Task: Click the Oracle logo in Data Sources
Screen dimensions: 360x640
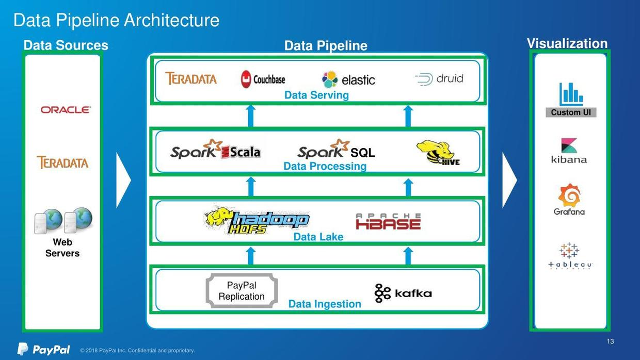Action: click(66, 110)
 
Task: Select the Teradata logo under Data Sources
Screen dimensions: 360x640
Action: click(62, 162)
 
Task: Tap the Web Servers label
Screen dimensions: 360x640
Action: click(62, 248)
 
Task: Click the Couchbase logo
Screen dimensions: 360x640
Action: click(263, 79)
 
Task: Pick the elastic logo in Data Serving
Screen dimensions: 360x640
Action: click(348, 79)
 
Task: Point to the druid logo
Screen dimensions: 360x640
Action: click(439, 79)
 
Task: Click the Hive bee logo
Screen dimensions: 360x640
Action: click(437, 153)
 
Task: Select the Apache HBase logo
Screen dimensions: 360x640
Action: click(388, 221)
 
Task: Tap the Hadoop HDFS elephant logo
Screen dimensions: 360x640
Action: click(257, 220)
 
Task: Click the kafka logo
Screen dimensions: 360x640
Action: click(403, 293)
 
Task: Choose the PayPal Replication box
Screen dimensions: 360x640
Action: click(242, 291)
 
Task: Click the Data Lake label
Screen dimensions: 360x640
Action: click(318, 237)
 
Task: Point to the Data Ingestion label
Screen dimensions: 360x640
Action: click(325, 304)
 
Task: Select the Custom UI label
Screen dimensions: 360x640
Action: click(571, 112)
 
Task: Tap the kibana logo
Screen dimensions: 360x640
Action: click(569, 151)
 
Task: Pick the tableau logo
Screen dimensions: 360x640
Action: click(570, 256)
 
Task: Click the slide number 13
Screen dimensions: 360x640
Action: click(610, 341)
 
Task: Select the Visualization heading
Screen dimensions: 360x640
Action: click(567, 43)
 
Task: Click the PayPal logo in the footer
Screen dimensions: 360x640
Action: click(44, 349)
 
